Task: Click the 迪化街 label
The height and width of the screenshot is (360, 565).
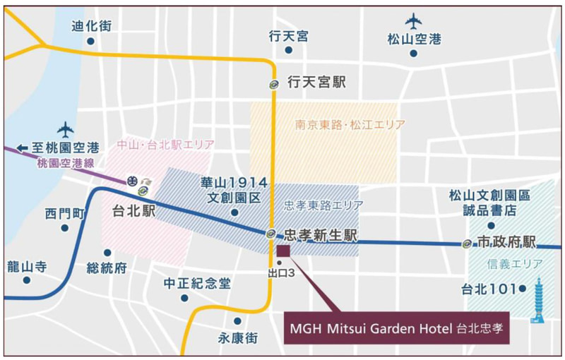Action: (91, 25)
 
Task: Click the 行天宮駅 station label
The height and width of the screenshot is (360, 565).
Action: (317, 83)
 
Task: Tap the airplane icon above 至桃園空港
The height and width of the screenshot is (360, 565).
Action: (66, 129)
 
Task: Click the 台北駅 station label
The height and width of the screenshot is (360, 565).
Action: (133, 210)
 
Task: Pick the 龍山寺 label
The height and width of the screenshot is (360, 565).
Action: (26, 266)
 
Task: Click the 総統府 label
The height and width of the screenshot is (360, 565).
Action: (107, 268)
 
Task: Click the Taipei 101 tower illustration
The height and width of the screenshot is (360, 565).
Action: (538, 299)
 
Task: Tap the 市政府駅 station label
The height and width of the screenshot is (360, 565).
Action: (507, 242)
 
